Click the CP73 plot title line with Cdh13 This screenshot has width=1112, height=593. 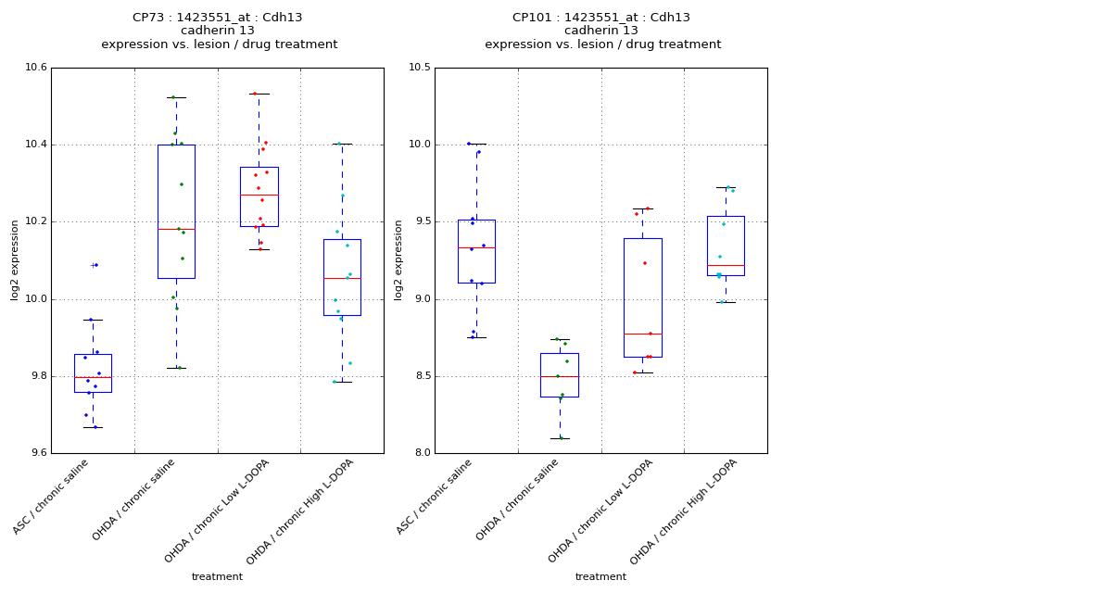click(218, 18)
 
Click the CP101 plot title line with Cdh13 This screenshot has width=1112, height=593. click(601, 18)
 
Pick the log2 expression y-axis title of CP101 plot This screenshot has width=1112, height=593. click(398, 259)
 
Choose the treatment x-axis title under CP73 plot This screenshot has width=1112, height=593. click(217, 576)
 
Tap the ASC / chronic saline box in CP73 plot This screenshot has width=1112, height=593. click(93, 372)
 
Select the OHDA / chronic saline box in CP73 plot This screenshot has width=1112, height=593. click(176, 211)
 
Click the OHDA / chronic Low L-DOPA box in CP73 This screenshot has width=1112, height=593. click(259, 196)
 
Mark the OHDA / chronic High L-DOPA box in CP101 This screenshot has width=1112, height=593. click(726, 246)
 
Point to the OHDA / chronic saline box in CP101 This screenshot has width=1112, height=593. click(559, 374)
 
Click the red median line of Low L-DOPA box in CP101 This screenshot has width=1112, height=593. click(642, 334)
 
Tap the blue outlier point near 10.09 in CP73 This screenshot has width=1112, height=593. click(95, 265)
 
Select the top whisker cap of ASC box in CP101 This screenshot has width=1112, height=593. click(475, 144)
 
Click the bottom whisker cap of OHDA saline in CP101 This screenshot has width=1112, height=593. click(559, 438)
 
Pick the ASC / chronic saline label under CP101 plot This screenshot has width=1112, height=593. click(435, 497)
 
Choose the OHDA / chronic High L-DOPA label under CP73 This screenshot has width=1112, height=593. click(300, 511)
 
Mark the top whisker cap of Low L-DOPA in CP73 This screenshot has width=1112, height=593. click(259, 94)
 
